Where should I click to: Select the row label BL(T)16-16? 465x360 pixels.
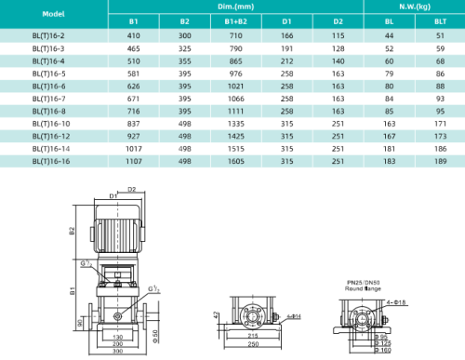[x=48, y=160]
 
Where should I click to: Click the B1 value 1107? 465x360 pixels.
[x=134, y=160]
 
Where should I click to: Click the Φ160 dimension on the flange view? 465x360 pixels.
[x=382, y=351]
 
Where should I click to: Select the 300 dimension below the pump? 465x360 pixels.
[x=117, y=352]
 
